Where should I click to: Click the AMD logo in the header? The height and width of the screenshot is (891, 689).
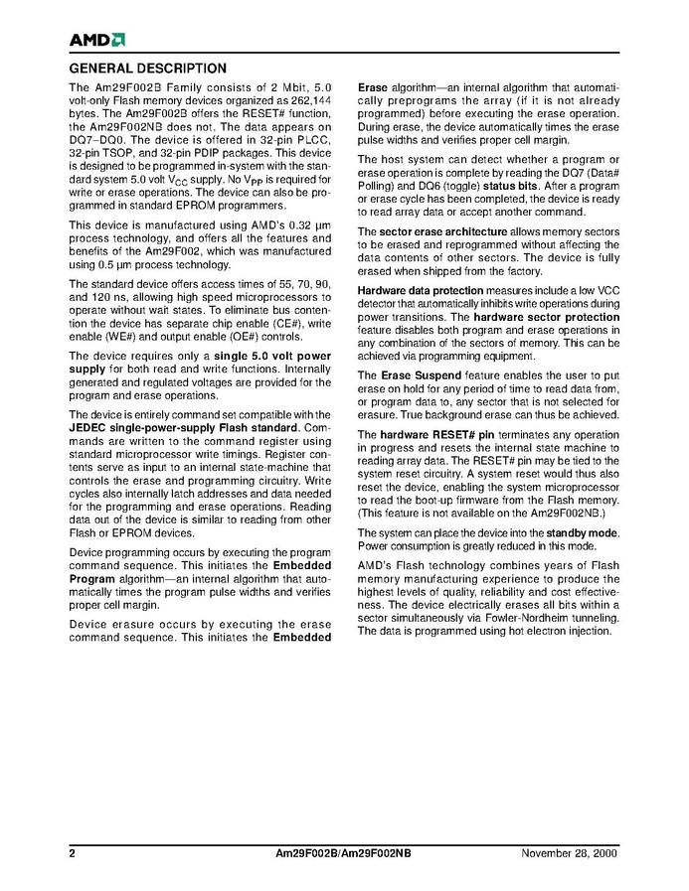(96, 40)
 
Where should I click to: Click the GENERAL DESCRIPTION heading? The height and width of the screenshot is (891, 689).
(147, 69)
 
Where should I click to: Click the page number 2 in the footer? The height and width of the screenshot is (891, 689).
(72, 854)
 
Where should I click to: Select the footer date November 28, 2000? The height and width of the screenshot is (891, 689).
(570, 854)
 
